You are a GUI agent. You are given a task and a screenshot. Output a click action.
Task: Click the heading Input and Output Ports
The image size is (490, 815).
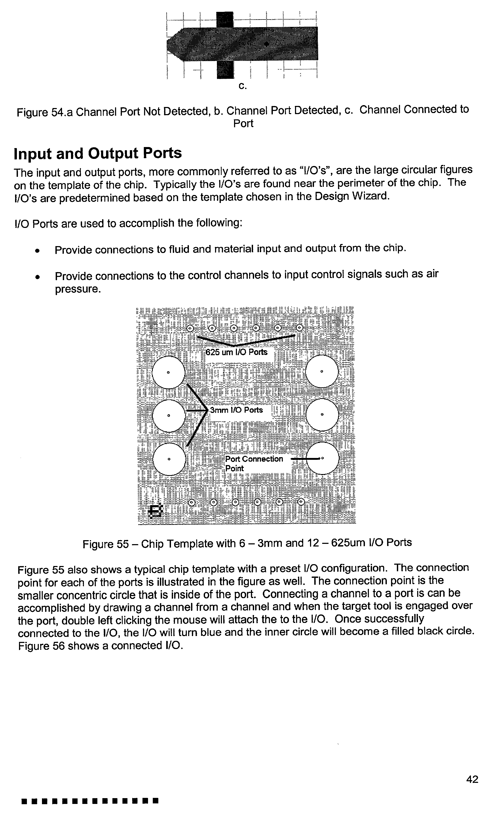click(98, 154)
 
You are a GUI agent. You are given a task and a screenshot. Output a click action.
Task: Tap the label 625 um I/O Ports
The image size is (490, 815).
click(236, 352)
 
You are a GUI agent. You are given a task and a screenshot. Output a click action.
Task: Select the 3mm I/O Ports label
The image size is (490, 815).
click(236, 410)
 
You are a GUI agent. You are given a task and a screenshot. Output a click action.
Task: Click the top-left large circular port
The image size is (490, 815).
click(168, 372)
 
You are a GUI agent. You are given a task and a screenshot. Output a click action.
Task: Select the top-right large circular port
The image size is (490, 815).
click(322, 372)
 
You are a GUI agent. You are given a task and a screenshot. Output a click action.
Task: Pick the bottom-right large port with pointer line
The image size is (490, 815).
click(323, 458)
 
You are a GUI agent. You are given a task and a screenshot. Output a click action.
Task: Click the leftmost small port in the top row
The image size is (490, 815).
click(190, 328)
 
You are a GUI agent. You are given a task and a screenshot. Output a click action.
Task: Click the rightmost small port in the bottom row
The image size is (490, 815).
click(301, 502)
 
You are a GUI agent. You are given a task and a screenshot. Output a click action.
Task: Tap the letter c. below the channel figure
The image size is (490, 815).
click(242, 86)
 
